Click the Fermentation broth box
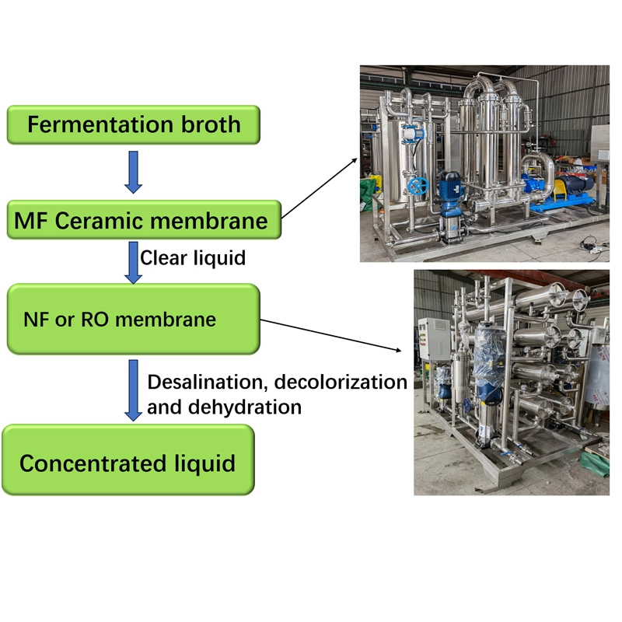[134, 124]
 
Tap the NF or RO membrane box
[133, 320]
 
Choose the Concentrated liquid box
[128, 464]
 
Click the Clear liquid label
[193, 257]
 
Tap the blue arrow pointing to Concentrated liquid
[133, 391]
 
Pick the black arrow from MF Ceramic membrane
[319, 187]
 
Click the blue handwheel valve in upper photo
[420, 187]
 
